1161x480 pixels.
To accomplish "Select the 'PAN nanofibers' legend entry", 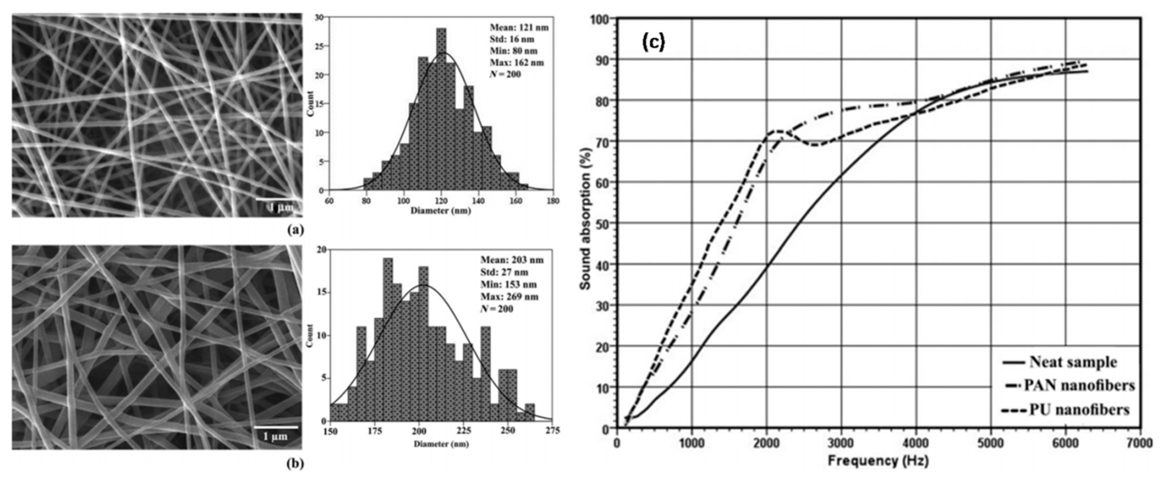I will [x=1078, y=385].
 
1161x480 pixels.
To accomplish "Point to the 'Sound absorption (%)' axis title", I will [x=585, y=219].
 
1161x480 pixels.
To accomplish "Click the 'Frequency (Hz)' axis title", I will [x=878, y=461].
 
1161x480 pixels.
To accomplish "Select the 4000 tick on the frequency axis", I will [x=916, y=443].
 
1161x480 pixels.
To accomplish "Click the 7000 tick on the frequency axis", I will [x=1140, y=443].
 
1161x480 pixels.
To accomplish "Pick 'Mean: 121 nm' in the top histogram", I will [x=519, y=28].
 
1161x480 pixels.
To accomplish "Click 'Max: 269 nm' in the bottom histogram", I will [x=509, y=296].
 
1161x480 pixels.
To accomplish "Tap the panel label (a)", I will [x=295, y=230].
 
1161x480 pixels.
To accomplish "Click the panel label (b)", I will [x=295, y=463].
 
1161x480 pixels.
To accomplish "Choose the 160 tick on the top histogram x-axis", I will [x=516, y=201].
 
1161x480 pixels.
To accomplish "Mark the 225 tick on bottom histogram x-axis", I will [x=464, y=431].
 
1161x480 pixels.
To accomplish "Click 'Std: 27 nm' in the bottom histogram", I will [x=504, y=272].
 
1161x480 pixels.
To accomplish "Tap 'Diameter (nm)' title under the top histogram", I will [x=440, y=211].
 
